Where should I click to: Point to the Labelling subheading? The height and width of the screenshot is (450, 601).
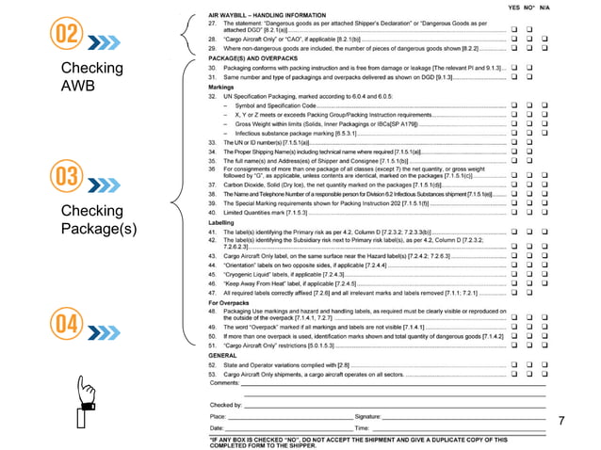tap(223, 222)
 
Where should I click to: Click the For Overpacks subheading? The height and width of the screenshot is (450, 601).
tap(229, 302)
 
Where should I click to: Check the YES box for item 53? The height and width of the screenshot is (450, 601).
tap(514, 374)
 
